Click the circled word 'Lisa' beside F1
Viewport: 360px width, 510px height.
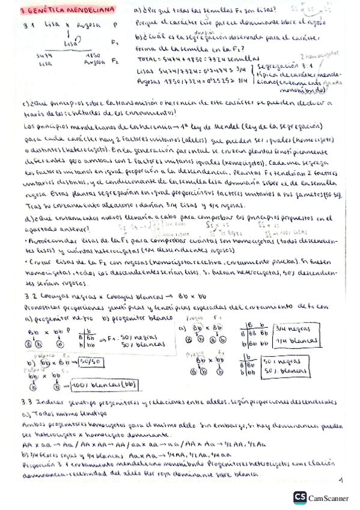[x=70, y=43]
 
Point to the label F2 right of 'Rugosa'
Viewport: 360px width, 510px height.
[x=115, y=61]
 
